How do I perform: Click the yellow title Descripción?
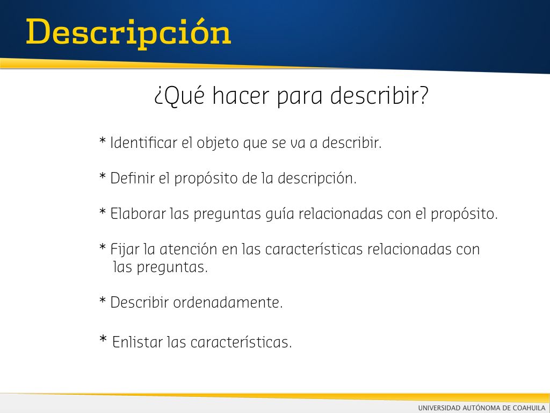tap(128, 34)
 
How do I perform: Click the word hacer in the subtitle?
tap(241, 96)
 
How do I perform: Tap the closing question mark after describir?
tap(423, 95)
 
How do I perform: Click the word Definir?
tap(132, 178)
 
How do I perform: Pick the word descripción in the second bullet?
tap(317, 179)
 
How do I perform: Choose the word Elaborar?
tap(138, 213)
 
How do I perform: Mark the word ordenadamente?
tap(228, 302)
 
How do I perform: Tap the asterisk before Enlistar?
tap(103, 339)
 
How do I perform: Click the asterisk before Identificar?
tap(103, 141)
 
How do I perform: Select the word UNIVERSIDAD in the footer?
tap(439, 408)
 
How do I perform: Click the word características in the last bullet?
tap(241, 342)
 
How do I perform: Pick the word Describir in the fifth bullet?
tap(140, 302)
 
